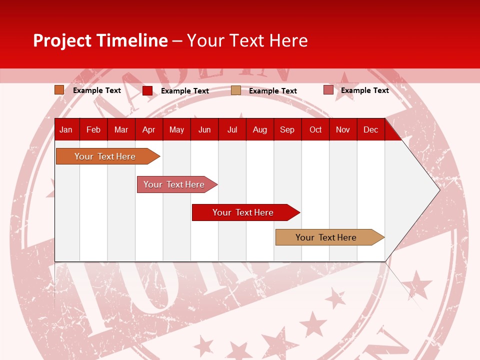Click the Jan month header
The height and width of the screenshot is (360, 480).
click(x=66, y=130)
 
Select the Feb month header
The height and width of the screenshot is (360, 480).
click(x=93, y=130)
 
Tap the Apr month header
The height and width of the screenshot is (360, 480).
click(x=148, y=130)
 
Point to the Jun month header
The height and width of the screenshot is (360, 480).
click(x=204, y=130)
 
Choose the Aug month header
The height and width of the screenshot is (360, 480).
click(x=259, y=130)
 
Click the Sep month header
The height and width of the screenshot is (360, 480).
click(x=287, y=130)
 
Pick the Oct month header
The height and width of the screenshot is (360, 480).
click(x=315, y=130)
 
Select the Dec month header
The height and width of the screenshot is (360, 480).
click(x=370, y=130)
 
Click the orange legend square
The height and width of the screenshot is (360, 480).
click(x=59, y=90)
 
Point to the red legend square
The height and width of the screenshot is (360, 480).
click(x=147, y=90)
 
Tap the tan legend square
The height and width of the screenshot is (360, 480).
click(x=236, y=90)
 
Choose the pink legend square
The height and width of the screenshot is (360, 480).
click(x=328, y=90)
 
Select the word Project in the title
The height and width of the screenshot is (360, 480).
click(x=62, y=40)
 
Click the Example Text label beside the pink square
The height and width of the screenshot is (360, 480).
click(x=364, y=90)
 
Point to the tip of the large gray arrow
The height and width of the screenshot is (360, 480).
click(x=438, y=190)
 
